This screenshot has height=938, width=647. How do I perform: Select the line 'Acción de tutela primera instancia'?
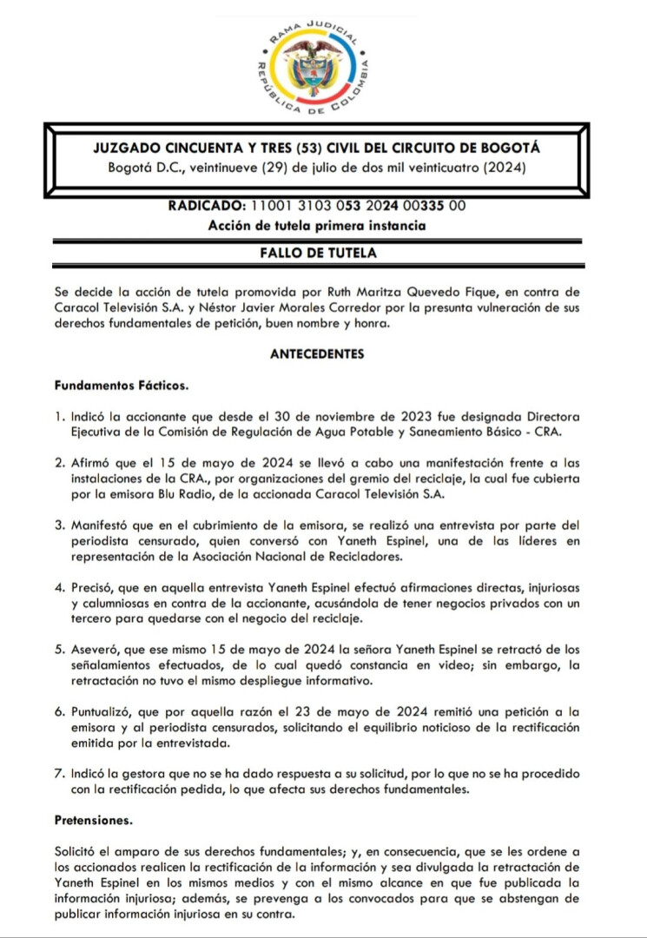click(x=317, y=226)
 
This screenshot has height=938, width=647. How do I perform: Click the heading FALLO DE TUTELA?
click(x=318, y=253)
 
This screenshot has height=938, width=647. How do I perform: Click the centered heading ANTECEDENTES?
click(x=317, y=353)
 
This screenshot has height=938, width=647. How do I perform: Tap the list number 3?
click(x=58, y=525)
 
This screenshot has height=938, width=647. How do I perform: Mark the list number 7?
click(x=58, y=774)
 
